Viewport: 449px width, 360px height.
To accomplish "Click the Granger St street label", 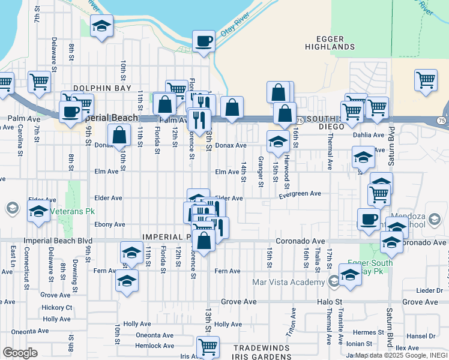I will click(x=261, y=171).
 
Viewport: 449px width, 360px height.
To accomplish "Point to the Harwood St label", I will click(x=288, y=168).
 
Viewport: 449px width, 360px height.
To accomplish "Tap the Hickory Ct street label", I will click(x=57, y=308).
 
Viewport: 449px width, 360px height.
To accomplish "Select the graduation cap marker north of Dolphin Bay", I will click(x=101, y=26).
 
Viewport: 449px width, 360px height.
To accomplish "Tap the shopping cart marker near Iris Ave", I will click(x=207, y=346).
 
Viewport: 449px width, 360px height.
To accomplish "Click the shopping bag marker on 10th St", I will click(x=119, y=136).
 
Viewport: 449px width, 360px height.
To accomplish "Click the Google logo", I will click(x=20, y=353).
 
